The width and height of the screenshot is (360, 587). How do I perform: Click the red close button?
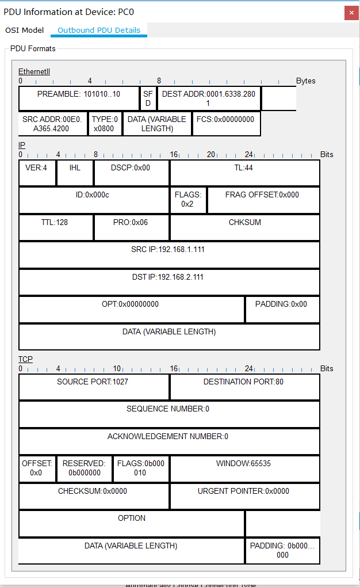point(351,13)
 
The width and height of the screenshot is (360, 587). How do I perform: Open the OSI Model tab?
point(24,30)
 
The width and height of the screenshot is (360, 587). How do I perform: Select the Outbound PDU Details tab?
point(99,30)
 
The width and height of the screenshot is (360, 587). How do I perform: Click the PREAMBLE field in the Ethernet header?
point(79,98)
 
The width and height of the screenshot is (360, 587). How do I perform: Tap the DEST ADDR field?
point(208,98)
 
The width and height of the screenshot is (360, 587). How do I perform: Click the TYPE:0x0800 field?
point(105,124)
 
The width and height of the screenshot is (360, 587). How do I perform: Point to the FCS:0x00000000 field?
point(226,124)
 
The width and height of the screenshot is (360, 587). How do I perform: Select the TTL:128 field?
point(56,227)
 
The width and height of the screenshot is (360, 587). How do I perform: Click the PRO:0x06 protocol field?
point(131,227)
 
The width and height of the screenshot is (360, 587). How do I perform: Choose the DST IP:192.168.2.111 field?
point(169,282)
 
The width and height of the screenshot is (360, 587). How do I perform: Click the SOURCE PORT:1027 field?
point(94,387)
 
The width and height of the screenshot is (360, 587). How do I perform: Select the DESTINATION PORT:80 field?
point(244,387)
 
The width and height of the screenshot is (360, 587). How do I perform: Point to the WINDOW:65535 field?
point(244,468)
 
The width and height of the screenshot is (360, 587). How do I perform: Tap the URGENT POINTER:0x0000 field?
point(244,496)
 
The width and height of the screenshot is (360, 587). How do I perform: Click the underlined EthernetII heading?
point(34,71)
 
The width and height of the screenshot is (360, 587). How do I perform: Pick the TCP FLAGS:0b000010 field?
point(141,468)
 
